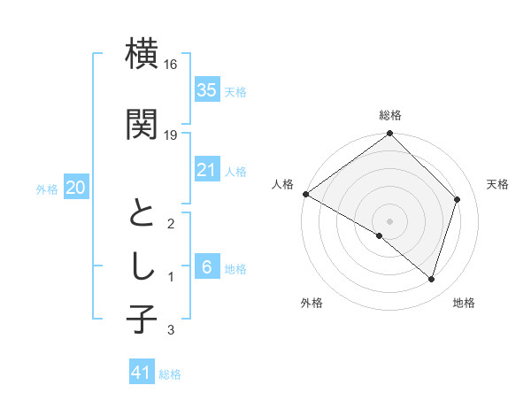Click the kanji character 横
(142, 54)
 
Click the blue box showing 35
(207, 89)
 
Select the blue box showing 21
(207, 170)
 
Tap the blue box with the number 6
(207, 267)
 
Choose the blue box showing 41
(142, 373)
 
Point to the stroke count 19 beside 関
(171, 135)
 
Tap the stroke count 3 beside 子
(171, 330)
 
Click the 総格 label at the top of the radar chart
(390, 115)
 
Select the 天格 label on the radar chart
(497, 184)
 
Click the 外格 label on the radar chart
(312, 303)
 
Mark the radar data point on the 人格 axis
(305, 194)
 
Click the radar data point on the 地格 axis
(431, 279)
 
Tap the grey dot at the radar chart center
(389, 220)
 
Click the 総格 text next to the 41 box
(170, 374)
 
